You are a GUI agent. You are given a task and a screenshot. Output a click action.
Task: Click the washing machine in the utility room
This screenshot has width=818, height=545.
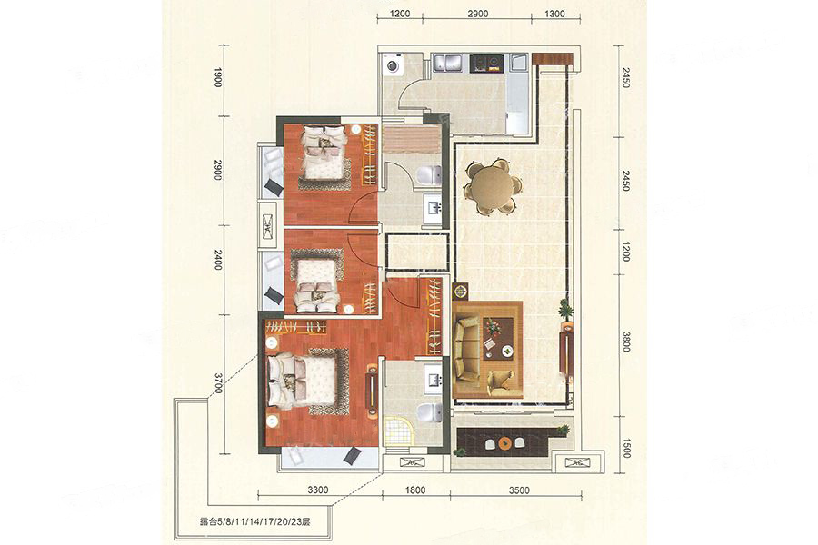tap(392, 65)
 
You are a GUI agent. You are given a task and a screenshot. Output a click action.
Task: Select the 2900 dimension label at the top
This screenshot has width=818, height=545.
tap(477, 14)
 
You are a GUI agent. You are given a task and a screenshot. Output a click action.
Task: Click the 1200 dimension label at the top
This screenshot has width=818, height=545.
tap(400, 14)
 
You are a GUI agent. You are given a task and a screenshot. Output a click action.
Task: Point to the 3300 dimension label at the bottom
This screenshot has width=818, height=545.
tap(318, 490)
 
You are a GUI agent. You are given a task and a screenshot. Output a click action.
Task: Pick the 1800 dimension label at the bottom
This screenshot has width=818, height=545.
tap(414, 490)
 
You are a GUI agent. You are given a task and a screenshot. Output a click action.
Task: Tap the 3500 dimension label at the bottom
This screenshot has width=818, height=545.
tap(519, 490)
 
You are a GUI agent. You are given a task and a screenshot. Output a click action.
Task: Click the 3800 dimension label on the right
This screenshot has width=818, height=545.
tap(626, 342)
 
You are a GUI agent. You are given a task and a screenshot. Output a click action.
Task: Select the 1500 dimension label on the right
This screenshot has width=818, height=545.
tap(626, 448)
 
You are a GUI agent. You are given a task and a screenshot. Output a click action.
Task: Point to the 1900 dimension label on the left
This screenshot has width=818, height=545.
tap(218, 78)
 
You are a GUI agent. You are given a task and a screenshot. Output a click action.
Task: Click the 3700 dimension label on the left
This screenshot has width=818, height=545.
tap(218, 383)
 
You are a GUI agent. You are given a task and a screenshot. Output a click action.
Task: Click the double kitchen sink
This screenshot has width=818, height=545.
tap(447, 63)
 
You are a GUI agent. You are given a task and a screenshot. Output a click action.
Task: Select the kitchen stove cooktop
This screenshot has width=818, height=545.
tap(486, 63)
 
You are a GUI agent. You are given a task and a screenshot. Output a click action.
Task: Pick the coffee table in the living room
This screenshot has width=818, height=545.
tap(498, 339)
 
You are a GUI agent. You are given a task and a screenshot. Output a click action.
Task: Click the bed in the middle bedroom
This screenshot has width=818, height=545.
tap(315, 282)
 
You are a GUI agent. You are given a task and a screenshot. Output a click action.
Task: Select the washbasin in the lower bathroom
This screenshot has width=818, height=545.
tap(433, 374)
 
